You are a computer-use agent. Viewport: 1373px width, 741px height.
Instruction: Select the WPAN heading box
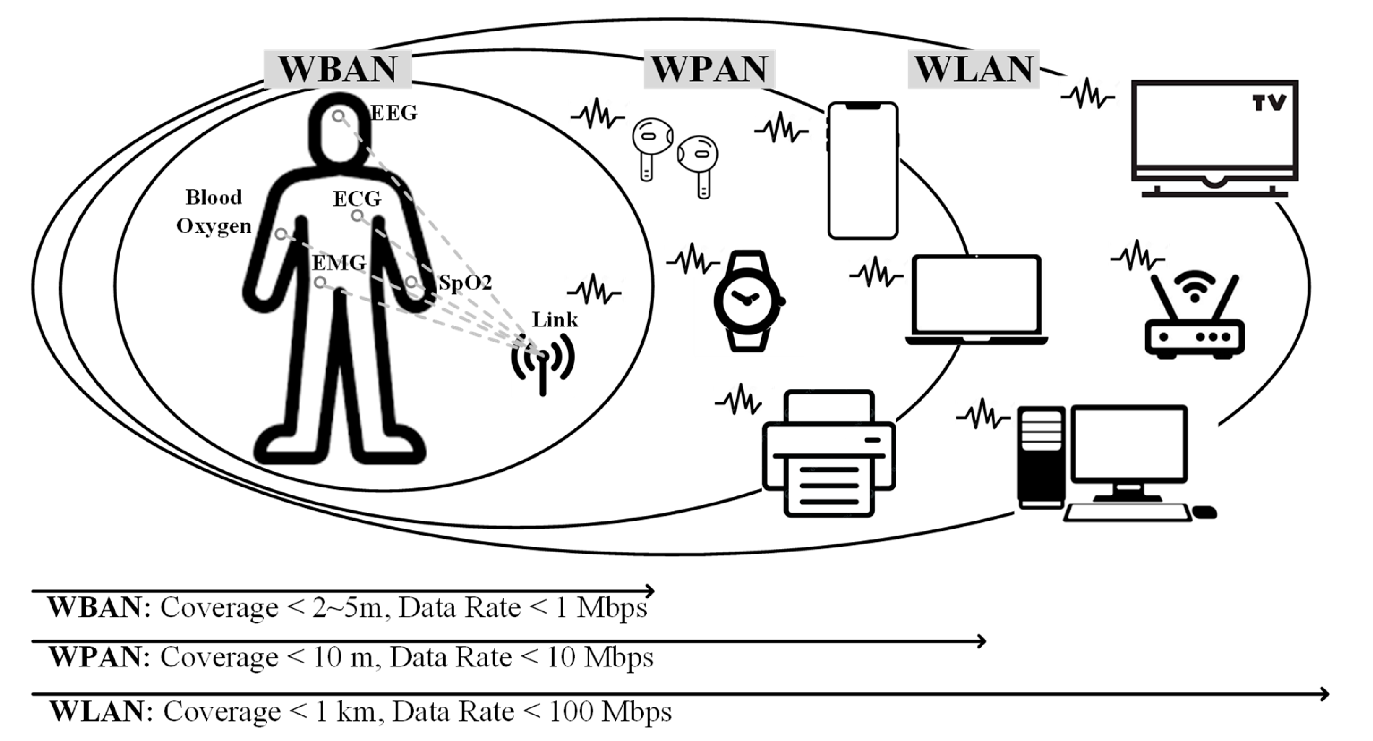click(x=709, y=69)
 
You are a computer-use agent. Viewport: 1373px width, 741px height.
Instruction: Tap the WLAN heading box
click(x=974, y=69)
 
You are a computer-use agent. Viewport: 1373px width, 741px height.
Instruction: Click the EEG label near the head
click(x=394, y=113)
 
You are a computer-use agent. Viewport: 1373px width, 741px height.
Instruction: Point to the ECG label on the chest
click(x=357, y=199)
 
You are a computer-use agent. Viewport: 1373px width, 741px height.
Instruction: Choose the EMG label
click(x=339, y=263)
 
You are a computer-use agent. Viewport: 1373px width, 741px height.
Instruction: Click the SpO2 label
click(x=465, y=283)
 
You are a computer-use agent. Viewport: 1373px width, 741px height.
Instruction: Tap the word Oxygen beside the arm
click(x=214, y=226)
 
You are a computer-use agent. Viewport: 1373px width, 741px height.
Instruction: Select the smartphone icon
click(x=862, y=171)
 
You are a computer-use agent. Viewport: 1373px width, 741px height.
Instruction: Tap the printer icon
click(x=829, y=454)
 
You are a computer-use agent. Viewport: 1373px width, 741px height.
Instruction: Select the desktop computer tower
click(x=1041, y=457)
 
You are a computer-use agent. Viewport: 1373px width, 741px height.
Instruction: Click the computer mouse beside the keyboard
click(x=1204, y=512)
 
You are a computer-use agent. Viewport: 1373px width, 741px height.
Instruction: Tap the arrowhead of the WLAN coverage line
click(x=1324, y=694)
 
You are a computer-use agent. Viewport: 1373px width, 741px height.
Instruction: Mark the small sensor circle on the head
click(x=339, y=116)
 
